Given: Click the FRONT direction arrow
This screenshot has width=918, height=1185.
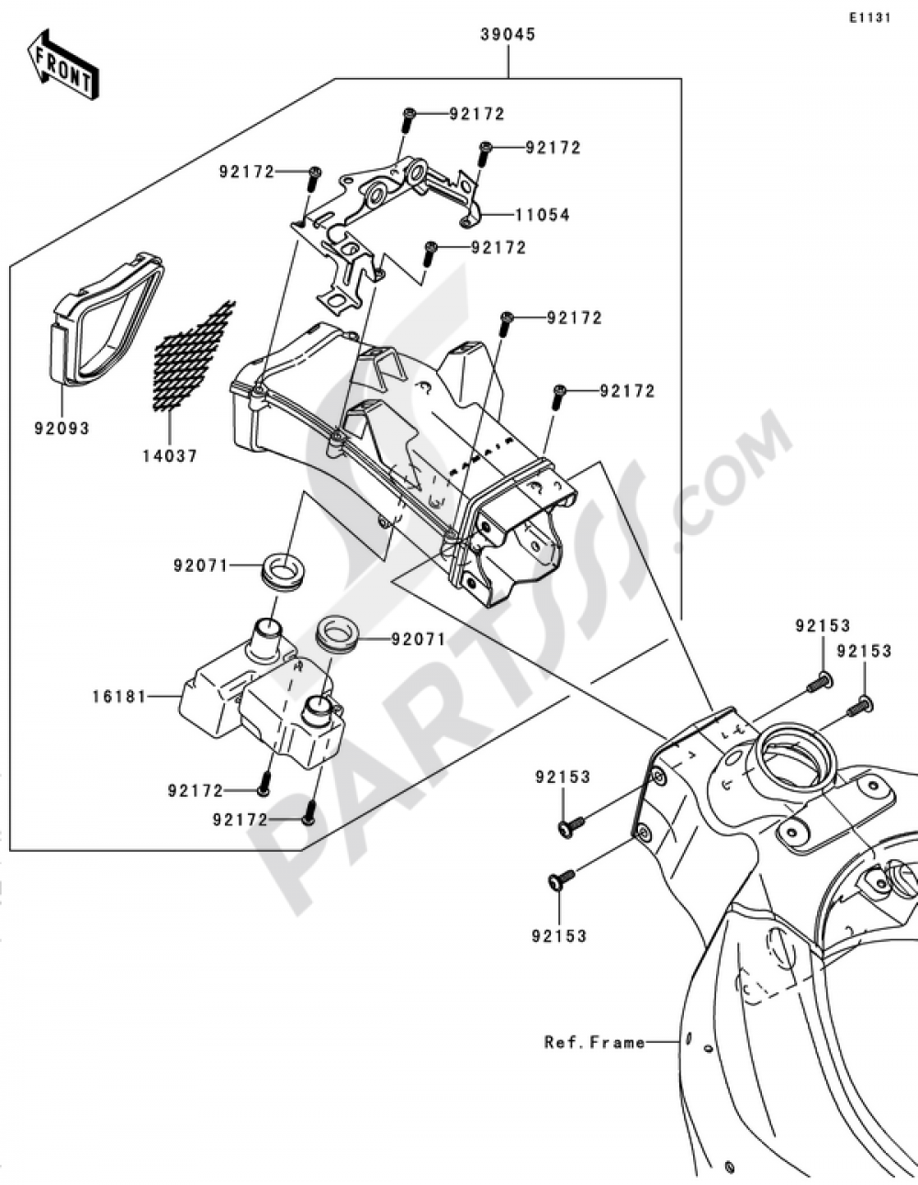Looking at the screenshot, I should coord(63,65).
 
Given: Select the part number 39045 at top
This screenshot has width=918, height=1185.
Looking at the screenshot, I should coord(508,35).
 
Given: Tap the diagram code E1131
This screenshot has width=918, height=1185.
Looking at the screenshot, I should coord(868,17).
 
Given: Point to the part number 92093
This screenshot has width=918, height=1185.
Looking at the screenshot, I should coord(62,428).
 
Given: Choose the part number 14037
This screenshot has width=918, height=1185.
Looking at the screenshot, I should coord(169,454).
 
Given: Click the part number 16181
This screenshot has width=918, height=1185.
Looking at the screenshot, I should coord(118,697).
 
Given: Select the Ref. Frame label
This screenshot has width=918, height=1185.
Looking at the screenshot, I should coord(594,1042).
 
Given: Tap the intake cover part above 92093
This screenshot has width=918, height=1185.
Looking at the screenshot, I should coord(106,318).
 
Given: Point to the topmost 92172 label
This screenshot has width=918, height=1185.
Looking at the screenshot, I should coord(476,115).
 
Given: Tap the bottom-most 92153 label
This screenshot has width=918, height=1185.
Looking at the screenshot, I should coord(558,936).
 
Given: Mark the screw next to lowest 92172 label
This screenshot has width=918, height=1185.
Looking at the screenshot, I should coord(308,811).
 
